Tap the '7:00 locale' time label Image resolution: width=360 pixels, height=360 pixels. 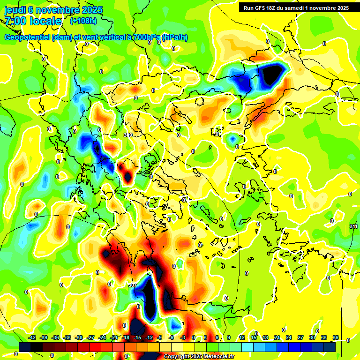pyautogui.click(x=33, y=21)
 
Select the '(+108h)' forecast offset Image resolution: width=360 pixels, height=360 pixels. pyautogui.click(x=83, y=21)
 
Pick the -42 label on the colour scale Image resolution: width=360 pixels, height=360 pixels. pyautogui.click(x=32, y=337)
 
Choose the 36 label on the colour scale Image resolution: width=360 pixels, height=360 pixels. pyautogui.click(x=336, y=337)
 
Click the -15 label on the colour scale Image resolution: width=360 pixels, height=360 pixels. pyautogui.click(x=137, y=337)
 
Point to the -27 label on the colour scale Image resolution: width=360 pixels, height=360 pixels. pyautogui.click(x=91, y=337)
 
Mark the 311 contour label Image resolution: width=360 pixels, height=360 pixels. pyautogui.click(x=354, y=227)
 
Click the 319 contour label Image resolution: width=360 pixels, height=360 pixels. pyautogui.click(x=128, y=135)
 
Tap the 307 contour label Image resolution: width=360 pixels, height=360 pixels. pyautogui.click(x=132, y=285)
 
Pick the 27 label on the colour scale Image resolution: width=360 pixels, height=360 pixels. pyautogui.click(x=300, y=337)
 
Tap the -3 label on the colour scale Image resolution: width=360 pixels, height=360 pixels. pyautogui.click(x=183, y=337)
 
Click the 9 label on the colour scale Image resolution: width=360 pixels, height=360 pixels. pyautogui.click(x=229, y=337)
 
